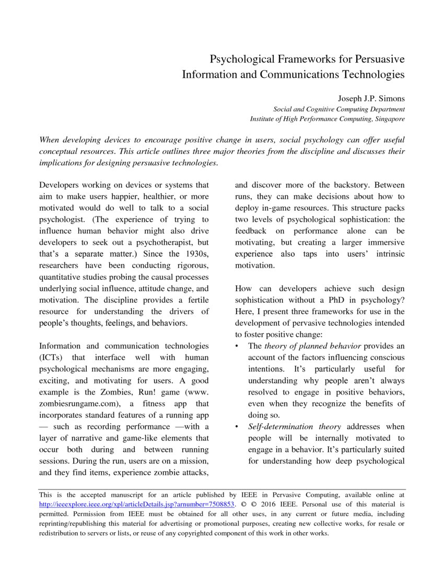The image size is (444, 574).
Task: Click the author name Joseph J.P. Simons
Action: [368, 98]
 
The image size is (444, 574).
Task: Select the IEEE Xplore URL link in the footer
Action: [137, 505]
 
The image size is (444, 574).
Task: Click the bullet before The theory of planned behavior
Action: [238, 346]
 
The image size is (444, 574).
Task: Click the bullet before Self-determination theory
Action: [238, 427]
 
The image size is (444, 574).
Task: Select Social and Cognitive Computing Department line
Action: [339, 109]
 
